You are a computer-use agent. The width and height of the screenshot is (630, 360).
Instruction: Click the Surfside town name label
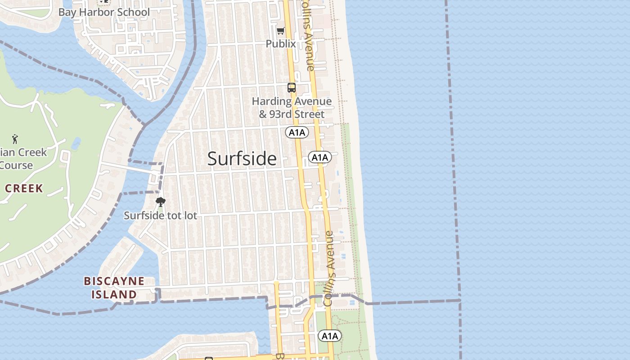coord(242,159)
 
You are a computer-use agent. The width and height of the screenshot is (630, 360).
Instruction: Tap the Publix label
coord(281,44)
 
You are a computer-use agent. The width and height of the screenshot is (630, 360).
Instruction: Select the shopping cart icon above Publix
coord(281,31)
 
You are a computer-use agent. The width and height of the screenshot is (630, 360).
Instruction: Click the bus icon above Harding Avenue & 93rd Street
coord(292,88)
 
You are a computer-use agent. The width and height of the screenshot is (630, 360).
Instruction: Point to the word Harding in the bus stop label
coord(271,102)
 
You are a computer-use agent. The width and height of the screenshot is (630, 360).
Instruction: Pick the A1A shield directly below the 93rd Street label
coord(297,132)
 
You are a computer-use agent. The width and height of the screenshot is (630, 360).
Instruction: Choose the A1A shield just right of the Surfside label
coord(320,157)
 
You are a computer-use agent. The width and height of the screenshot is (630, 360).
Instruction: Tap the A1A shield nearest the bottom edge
coord(330,336)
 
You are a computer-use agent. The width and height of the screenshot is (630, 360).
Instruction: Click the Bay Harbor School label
coord(104,12)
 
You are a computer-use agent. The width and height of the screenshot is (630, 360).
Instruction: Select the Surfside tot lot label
coord(160,216)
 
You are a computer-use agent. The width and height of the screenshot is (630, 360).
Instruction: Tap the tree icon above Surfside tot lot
coord(160,202)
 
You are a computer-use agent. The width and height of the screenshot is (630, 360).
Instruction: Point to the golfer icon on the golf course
coord(15,139)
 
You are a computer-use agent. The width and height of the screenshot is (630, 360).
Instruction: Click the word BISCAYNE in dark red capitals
coord(114,281)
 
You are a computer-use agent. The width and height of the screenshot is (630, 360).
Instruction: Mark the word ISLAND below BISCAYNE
coord(114,295)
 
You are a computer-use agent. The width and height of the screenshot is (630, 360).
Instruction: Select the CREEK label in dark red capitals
coord(24,188)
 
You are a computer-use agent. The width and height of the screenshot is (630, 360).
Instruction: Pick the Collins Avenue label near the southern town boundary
coord(329,268)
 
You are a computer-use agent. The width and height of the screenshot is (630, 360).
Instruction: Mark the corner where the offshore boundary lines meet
coord(459,300)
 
